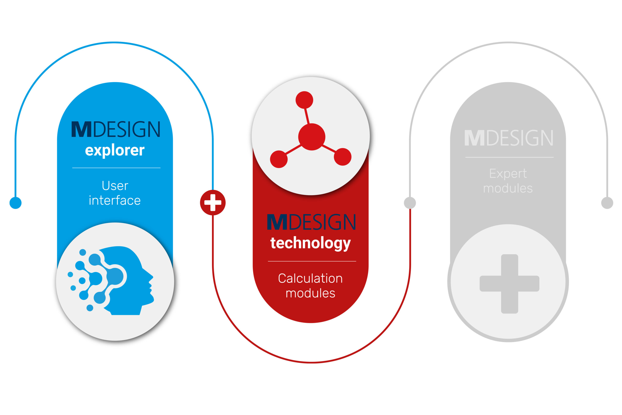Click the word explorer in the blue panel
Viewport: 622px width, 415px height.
click(115, 150)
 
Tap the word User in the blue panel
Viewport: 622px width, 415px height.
click(115, 186)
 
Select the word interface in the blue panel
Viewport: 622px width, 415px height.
click(115, 200)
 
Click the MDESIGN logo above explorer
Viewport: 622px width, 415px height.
click(116, 129)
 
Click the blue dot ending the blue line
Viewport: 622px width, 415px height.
click(16, 203)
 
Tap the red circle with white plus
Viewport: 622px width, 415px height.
click(213, 203)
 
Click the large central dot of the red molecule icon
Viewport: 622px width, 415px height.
click(312, 137)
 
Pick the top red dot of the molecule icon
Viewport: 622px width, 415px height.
click(304, 100)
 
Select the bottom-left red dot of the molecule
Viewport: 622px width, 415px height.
click(279, 159)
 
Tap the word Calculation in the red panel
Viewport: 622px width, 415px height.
click(311, 278)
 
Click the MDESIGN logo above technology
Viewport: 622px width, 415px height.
click(311, 222)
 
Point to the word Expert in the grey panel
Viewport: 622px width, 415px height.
click(508, 174)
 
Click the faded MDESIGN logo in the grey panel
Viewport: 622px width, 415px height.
click(509, 138)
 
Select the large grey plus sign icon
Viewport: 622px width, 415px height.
click(510, 284)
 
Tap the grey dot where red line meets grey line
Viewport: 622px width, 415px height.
click(410, 203)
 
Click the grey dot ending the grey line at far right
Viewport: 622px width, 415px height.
click(607, 203)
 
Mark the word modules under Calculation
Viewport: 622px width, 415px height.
click(311, 293)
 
